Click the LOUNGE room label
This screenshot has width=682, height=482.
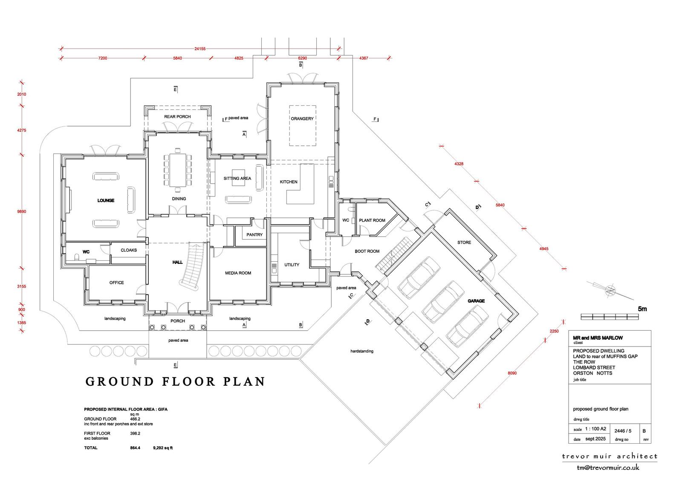tap(106, 200)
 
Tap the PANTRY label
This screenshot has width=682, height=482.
tap(254, 235)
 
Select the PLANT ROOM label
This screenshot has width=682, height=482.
tap(372, 220)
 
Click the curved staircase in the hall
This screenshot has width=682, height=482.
tap(192, 266)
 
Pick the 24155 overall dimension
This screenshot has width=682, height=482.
tap(200, 49)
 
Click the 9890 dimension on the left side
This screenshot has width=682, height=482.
tap(22, 212)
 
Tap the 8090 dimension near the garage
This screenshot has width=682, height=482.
tap(512, 373)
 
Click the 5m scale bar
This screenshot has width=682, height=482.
tap(610, 317)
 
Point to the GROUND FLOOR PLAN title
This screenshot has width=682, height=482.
tap(175, 381)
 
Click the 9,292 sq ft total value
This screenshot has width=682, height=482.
tap(163, 448)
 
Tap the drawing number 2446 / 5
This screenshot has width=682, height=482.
tap(623, 431)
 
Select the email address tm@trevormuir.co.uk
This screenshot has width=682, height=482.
tap(608, 468)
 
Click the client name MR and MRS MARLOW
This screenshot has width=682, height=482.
tap(598, 338)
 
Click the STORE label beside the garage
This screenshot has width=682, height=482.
tap(464, 242)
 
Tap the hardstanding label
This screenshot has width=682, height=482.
tap(362, 351)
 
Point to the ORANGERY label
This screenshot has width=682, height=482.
tap(302, 119)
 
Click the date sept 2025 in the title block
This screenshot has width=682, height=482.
tap(595, 439)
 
